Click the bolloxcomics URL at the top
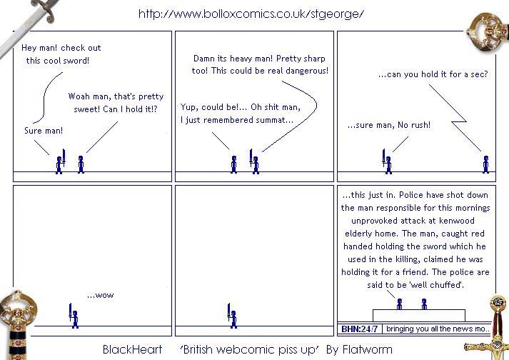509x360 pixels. pyautogui.click(x=251, y=14)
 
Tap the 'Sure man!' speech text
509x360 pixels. pyautogui.click(x=44, y=131)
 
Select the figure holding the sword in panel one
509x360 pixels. pyautogui.click(x=60, y=161)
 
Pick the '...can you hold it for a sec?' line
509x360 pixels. pyautogui.click(x=433, y=74)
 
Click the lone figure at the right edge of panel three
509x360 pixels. pyautogui.click(x=485, y=164)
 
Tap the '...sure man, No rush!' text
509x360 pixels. pyautogui.click(x=389, y=125)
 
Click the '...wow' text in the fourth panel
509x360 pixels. pyautogui.click(x=101, y=295)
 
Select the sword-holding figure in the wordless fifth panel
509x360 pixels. pyautogui.click(x=232, y=316)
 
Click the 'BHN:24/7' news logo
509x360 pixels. pyautogui.click(x=359, y=329)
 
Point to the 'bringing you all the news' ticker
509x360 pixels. pyautogui.click(x=438, y=329)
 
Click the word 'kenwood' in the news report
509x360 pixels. pyautogui.click(x=457, y=221)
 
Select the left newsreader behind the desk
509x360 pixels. pyautogui.click(x=400, y=304)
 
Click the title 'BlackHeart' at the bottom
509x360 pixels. pyautogui.click(x=132, y=349)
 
